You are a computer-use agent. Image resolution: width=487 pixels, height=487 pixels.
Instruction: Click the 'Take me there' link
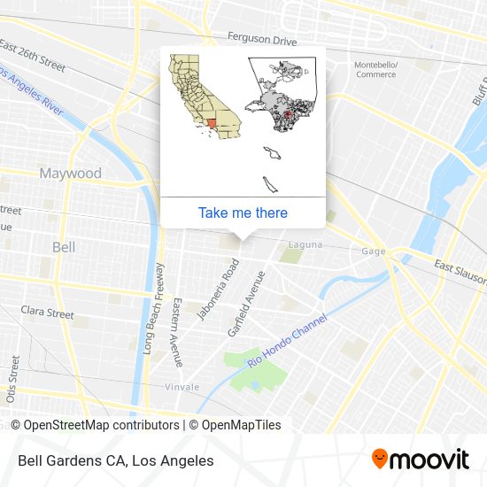[243, 213]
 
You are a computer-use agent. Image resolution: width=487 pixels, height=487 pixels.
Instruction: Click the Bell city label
[64, 247]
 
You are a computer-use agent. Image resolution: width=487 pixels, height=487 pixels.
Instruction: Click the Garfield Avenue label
[247, 304]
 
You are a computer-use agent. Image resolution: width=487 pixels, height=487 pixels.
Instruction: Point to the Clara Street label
[47, 313]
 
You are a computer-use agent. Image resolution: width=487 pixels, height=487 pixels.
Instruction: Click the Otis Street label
[14, 380]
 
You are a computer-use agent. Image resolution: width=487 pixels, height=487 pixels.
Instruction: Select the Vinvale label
[182, 387]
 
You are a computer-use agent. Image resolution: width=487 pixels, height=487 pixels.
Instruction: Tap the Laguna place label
[304, 243]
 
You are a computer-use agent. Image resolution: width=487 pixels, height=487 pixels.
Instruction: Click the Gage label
[373, 251]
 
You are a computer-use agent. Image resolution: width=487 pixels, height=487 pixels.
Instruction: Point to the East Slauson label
[460, 269]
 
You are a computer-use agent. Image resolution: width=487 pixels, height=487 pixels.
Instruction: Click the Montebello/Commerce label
[376, 70]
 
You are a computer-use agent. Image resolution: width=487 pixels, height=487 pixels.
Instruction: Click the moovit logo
[421, 460]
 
